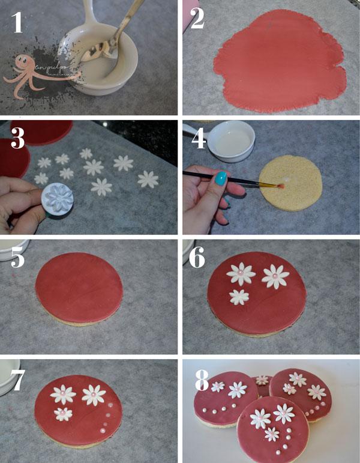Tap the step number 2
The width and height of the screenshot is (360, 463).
tap(197, 19)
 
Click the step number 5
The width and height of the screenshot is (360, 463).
tap(17, 258)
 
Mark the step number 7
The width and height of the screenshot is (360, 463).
tap(17, 378)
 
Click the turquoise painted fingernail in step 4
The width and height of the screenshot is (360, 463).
tap(221, 178)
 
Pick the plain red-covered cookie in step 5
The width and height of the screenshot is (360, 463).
tap(79, 285)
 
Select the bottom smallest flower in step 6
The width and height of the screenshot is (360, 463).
tap(239, 296)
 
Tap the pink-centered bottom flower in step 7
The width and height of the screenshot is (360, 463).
tap(62, 413)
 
